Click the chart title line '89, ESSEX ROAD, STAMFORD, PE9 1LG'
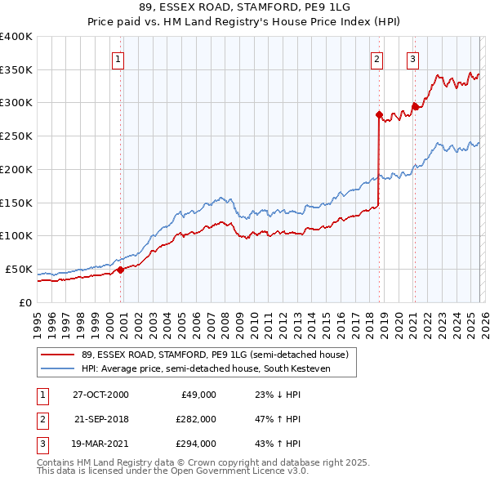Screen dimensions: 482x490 pos(245,8)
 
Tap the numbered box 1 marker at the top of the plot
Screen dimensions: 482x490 pos(118,59)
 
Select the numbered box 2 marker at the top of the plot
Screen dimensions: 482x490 pos(377,59)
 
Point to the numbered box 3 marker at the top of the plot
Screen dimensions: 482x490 pos(413,59)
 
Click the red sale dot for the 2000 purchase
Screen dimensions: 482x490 pos(120,269)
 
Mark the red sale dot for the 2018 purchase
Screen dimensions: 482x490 pos(379,114)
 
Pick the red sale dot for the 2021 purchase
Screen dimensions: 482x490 pos(415,106)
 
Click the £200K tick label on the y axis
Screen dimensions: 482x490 pos(16,169)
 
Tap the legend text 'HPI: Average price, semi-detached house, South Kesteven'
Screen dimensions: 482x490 pos(217,368)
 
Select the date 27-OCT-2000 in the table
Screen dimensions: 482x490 pos(100,395)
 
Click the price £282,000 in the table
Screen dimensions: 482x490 pos(196,419)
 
